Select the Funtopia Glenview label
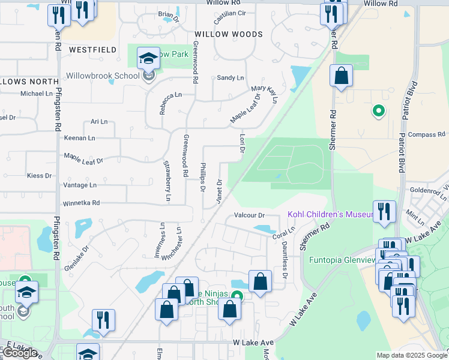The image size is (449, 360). pyautogui.click(x=342, y=260)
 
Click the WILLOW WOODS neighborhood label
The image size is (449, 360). pyautogui.click(x=228, y=34)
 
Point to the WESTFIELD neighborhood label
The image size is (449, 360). pyautogui.click(x=92, y=50)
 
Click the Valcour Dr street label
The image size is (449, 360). pyautogui.click(x=249, y=215)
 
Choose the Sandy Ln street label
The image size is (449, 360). pyautogui.click(x=231, y=78)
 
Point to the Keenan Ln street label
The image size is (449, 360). pyautogui.click(x=80, y=138)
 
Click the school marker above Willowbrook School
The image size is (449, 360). pyautogui.click(x=146, y=59)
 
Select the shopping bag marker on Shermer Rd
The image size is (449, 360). pyautogui.click(x=341, y=76)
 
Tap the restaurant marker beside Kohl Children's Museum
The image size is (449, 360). pyautogui.click(x=384, y=211)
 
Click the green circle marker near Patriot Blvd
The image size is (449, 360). pyautogui.click(x=378, y=110)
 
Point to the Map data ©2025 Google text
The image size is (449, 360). pyautogui.click(x=412, y=355)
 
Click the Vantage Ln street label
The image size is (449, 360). pyautogui.click(x=79, y=185)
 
